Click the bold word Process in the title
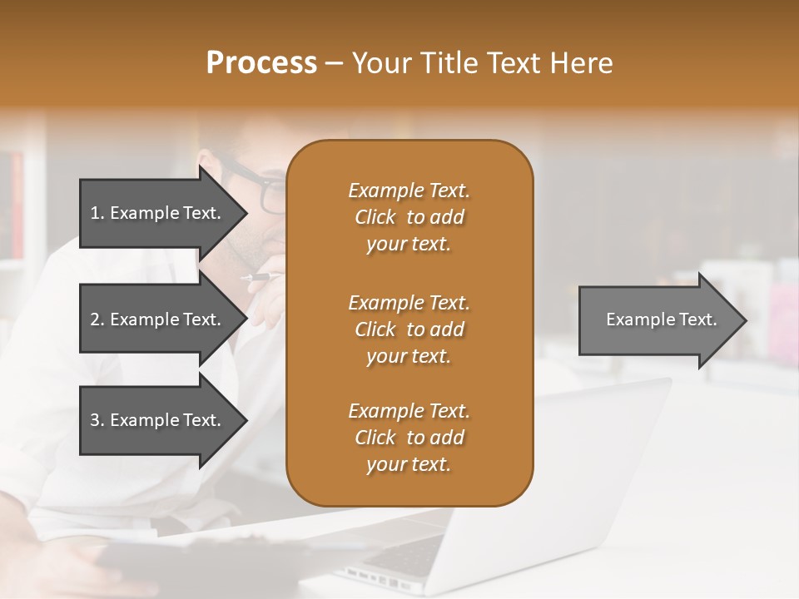click(x=261, y=63)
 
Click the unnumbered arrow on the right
click(x=661, y=319)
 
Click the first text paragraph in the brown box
click(x=409, y=217)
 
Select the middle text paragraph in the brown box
click(x=409, y=329)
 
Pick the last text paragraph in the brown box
click(x=409, y=438)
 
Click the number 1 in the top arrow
click(x=95, y=213)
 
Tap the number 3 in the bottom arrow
click(x=95, y=420)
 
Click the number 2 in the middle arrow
click(x=95, y=319)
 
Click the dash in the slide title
click(x=334, y=64)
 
